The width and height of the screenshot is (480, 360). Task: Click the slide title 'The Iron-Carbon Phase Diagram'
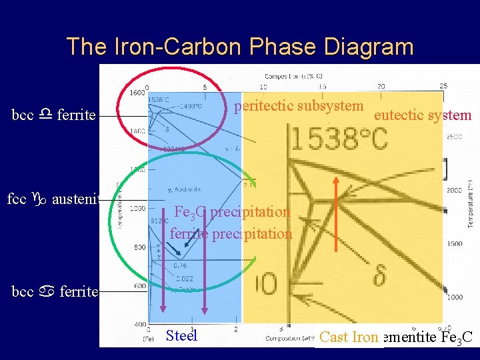click(240, 47)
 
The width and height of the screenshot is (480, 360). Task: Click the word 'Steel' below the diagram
click(181, 335)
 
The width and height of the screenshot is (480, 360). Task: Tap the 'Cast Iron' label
click(349, 337)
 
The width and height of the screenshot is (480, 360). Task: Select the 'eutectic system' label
click(423, 115)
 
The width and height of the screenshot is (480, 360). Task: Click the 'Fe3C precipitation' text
click(232, 213)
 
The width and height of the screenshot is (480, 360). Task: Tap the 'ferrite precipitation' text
click(231, 233)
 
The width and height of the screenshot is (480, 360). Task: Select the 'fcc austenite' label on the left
click(53, 199)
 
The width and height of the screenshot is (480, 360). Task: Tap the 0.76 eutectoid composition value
click(180, 265)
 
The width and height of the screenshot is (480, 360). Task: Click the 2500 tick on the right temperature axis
click(455, 137)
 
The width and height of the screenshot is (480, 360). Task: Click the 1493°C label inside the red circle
click(189, 105)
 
